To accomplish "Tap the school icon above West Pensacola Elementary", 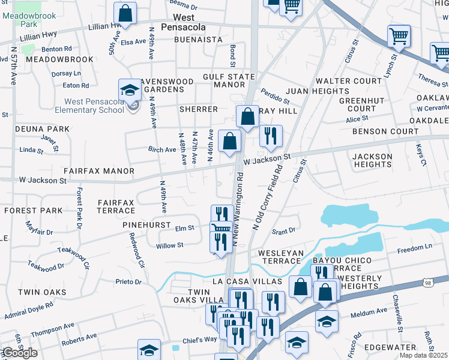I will pyautogui.click(x=129, y=91).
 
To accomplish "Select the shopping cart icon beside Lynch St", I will pyautogui.click(x=399, y=37).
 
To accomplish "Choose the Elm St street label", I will pyautogui.click(x=184, y=228).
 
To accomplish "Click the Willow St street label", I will pyautogui.click(x=170, y=245).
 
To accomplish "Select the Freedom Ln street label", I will pyautogui.click(x=414, y=247).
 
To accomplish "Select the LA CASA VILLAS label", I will pyautogui.click(x=247, y=281).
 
